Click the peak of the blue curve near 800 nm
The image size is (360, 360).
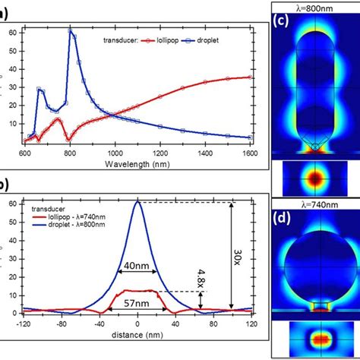(x=71, y=30)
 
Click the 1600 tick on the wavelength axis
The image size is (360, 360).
(x=251, y=153)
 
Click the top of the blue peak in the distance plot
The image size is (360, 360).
(x=137, y=202)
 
